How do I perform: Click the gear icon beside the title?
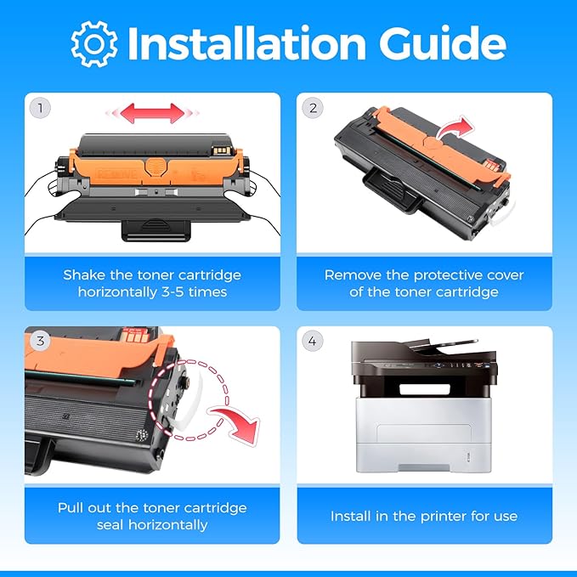click(94, 44)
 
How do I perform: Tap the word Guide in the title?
click(443, 43)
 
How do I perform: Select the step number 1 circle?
click(40, 108)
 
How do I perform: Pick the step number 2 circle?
click(313, 108)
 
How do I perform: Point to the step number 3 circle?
click(40, 341)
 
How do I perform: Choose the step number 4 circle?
click(313, 341)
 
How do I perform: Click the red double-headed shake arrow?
click(152, 113)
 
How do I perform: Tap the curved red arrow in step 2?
click(456, 127)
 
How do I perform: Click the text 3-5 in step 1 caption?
click(173, 292)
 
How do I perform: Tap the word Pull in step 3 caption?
click(71, 508)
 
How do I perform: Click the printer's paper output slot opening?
click(425, 389)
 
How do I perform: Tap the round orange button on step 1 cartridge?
click(156, 167)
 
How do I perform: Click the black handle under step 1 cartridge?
click(156, 229)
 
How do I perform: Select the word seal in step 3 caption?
click(110, 525)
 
